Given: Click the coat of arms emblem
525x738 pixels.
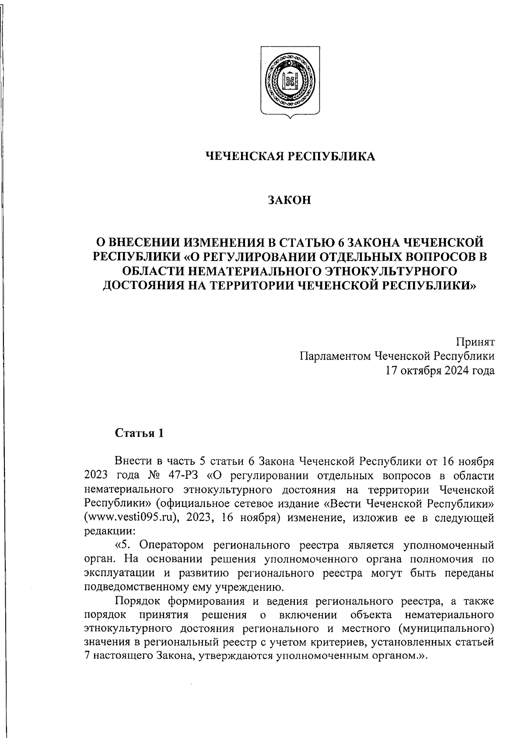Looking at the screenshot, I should click(290, 82).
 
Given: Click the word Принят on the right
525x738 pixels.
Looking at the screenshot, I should click(476, 341).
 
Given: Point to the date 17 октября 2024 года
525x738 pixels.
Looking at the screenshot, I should click(440, 371).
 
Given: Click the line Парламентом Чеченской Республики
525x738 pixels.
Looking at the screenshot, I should click(397, 356).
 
